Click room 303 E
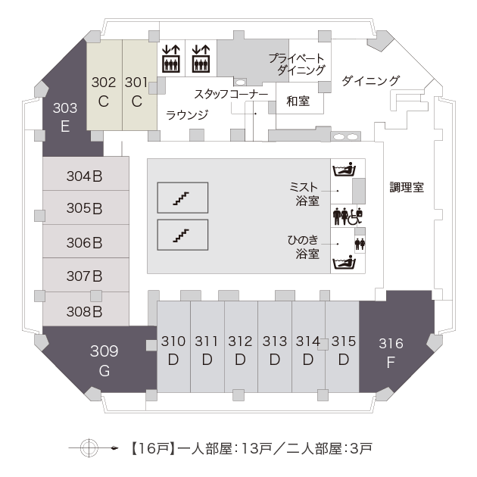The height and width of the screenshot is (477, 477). [x=65, y=117]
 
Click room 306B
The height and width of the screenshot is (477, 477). [x=86, y=242]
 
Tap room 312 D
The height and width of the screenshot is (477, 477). [x=241, y=347]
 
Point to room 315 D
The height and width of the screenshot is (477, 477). [x=342, y=347]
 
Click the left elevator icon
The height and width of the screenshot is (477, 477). [x=171, y=58]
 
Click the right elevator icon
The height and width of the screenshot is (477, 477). [x=201, y=58]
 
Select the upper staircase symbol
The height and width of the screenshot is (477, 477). [x=182, y=198]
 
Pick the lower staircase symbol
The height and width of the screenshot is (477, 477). [x=182, y=235]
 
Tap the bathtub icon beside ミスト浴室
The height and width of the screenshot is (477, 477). [x=344, y=170]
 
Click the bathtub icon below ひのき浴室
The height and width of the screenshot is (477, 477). [x=344, y=263]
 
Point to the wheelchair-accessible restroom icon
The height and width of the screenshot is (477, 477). [x=354, y=217]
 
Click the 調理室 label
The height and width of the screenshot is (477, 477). [x=407, y=188]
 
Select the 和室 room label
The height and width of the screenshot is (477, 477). [x=298, y=101]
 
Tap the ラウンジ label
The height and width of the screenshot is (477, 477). [x=187, y=115]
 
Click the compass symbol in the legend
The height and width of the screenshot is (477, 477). [x=89, y=447]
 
